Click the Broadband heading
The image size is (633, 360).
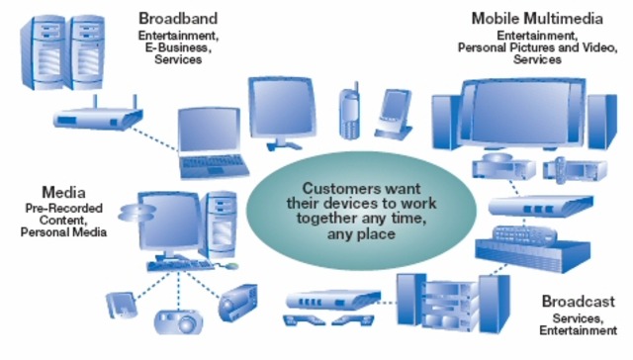pyautogui.click(x=178, y=19)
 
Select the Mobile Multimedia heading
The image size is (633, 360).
pyautogui.click(x=537, y=19)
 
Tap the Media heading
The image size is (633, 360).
pyautogui.click(x=63, y=192)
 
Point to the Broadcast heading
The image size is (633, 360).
pyautogui.click(x=578, y=302)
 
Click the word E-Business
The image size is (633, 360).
pyautogui.click(x=178, y=47)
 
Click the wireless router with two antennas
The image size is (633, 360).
pyautogui.click(x=98, y=115)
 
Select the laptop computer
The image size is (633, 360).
pyautogui.click(x=212, y=142)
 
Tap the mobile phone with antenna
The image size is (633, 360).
pyautogui.click(x=349, y=111)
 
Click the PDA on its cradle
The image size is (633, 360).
pyautogui.click(x=394, y=115)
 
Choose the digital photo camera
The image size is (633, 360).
pyautogui.click(x=178, y=321)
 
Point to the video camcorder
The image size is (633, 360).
pyautogui.click(x=237, y=303)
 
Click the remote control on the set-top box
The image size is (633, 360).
pyautogui.click(x=524, y=234)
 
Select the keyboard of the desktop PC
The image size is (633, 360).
pyautogui.click(x=180, y=265)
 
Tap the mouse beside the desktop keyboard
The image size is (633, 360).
pyautogui.click(x=231, y=266)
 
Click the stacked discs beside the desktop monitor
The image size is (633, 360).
pyautogui.click(x=136, y=213)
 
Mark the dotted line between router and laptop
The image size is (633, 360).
pyautogui.click(x=154, y=139)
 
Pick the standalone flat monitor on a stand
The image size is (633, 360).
pyautogui.click(x=282, y=114)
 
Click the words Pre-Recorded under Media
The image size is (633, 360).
pyautogui.click(x=63, y=209)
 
